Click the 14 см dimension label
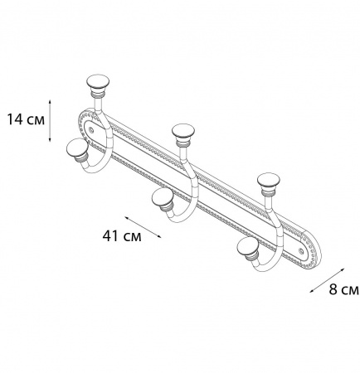click(26, 119)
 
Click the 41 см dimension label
click(122, 236)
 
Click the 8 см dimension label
click(343, 289)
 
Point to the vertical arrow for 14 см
click(50, 121)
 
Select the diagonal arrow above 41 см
click(143, 227)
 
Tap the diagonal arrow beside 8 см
click(327, 280)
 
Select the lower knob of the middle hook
click(163, 200)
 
